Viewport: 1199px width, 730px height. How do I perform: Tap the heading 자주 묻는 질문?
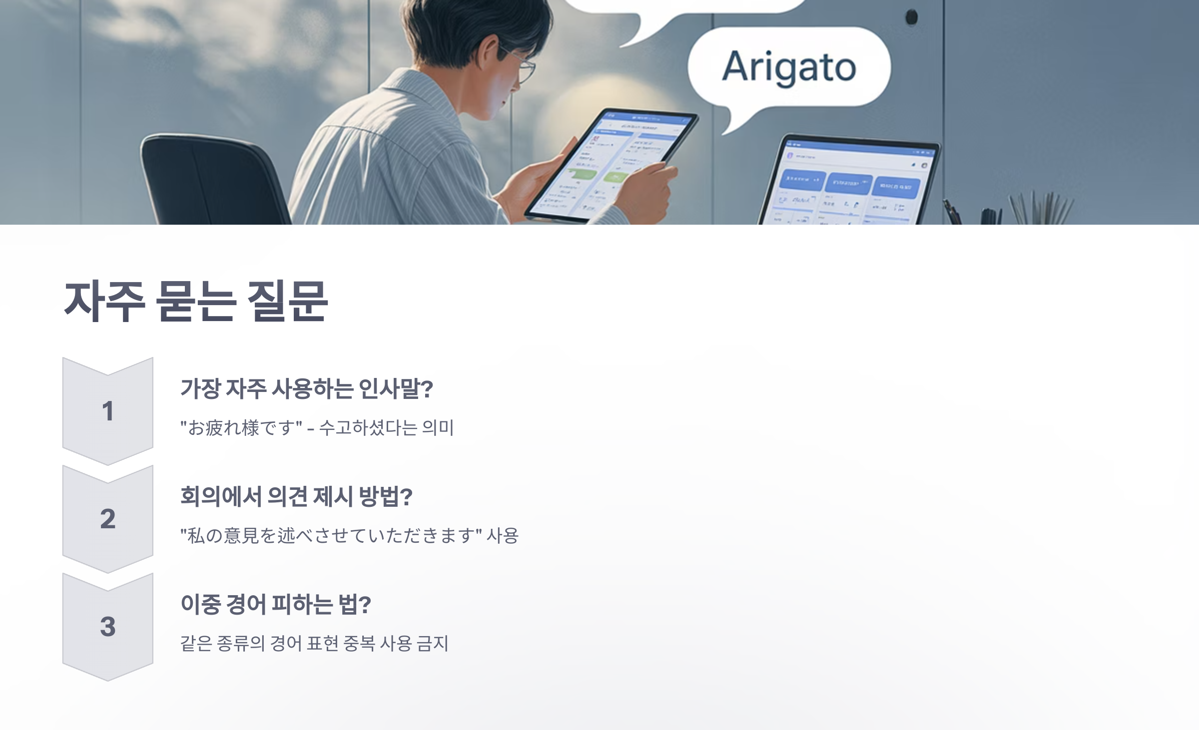pos(195,301)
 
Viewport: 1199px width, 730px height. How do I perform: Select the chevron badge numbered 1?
pos(107,411)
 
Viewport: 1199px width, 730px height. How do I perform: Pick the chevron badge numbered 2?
pos(107,519)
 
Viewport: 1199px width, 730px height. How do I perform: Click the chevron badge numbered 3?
pos(107,627)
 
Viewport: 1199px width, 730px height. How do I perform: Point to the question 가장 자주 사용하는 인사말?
pos(306,388)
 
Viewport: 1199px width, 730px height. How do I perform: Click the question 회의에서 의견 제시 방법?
pos(296,496)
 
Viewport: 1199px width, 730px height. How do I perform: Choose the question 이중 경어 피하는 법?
pos(275,604)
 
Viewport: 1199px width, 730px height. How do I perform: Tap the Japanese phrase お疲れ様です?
pos(241,428)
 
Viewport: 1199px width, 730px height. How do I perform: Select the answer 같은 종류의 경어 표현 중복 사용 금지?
pos(314,644)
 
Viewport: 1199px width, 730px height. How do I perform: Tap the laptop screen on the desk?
pos(849,185)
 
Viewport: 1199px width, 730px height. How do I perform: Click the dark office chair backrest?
pos(210,175)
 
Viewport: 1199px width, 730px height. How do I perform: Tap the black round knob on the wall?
pos(911,17)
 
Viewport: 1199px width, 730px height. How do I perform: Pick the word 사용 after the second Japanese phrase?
pos(503,536)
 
